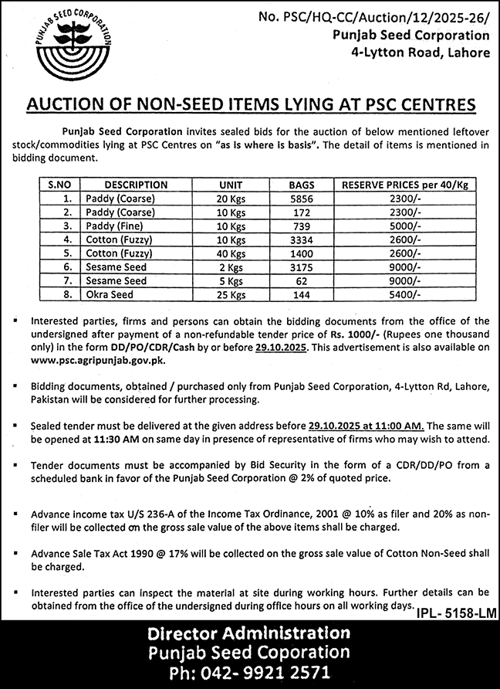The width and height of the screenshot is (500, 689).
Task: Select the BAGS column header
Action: click(302, 185)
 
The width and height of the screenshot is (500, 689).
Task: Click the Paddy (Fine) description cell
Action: click(115, 226)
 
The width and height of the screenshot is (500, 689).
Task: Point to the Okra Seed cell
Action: click(110, 295)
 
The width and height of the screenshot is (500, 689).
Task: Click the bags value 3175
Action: click(302, 267)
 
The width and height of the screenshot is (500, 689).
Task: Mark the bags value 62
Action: click(302, 281)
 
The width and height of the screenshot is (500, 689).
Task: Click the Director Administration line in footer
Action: click(250, 633)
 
